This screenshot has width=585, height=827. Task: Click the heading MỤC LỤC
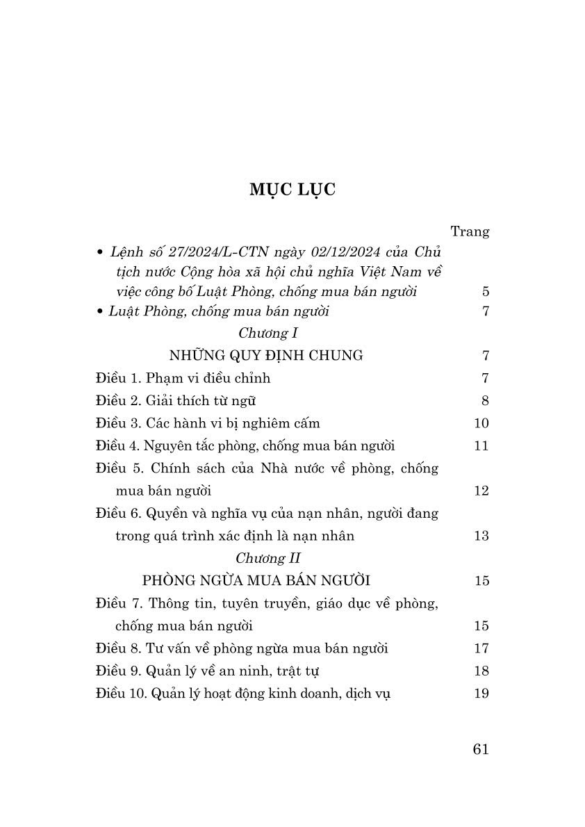point(292,190)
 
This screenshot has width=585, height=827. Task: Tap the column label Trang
point(470,231)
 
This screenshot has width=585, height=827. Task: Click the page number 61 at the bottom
point(480,748)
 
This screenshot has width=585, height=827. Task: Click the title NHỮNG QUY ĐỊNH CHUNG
point(266,355)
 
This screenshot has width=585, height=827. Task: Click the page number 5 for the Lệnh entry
point(485,292)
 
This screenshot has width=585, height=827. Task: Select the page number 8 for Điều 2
point(485,400)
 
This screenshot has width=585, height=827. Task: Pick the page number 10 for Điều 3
point(481,423)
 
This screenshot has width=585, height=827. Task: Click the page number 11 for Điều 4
point(481,445)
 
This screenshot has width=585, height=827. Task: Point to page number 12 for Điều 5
point(481,491)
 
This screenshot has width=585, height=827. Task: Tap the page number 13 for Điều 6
point(481,536)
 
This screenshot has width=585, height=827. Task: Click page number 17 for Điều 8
point(481,648)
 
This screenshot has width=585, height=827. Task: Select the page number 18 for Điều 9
point(481,671)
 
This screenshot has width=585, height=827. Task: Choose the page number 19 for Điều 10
point(481,693)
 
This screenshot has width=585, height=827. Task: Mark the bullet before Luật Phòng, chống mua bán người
point(101,311)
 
